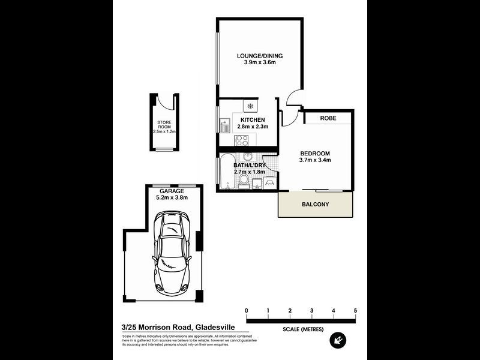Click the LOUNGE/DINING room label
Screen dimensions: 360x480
(x=259, y=56)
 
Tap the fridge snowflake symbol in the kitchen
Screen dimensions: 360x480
(x=251, y=107)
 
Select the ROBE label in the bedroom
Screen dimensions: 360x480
(x=328, y=119)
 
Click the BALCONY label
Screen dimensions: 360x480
(x=315, y=205)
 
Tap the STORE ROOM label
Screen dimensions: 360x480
(x=164, y=125)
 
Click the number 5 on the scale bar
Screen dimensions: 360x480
(x=356, y=310)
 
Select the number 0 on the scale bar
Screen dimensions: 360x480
(x=246, y=310)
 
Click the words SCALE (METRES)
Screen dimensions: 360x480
(x=301, y=329)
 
